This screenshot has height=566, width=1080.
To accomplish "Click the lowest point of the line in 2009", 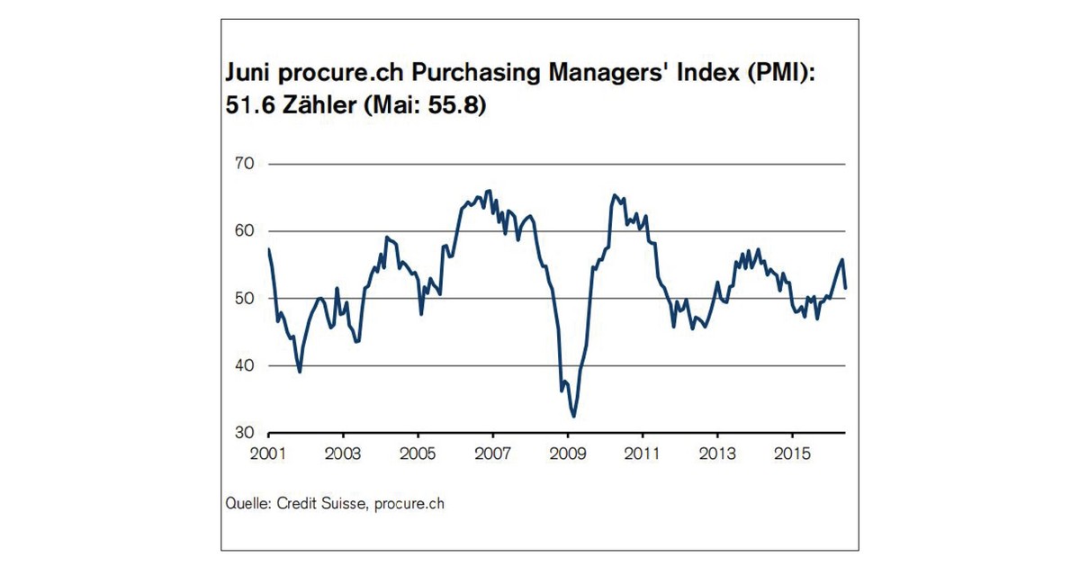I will (x=573, y=417).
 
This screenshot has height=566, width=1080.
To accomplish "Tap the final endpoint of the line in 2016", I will (x=846, y=288).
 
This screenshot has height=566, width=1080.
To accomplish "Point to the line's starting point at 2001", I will (x=268, y=249).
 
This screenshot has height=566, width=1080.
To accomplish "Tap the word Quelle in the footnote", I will (x=245, y=504).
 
